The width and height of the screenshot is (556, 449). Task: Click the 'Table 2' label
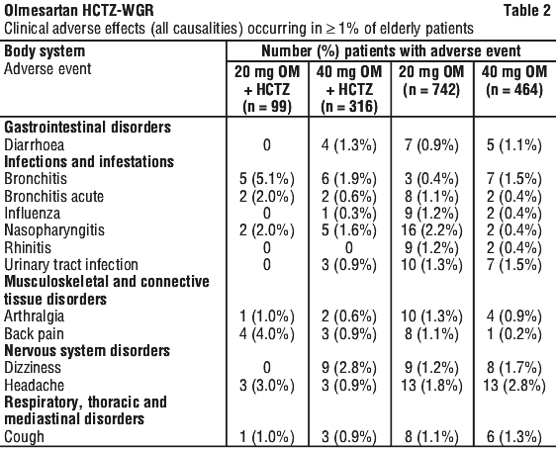click(527, 10)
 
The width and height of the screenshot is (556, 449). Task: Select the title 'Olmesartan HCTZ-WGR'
click(79, 10)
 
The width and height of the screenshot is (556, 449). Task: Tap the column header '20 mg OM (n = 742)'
click(431, 81)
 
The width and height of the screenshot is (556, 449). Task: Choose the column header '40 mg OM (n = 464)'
click(514, 81)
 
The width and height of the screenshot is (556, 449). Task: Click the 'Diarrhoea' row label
click(34, 145)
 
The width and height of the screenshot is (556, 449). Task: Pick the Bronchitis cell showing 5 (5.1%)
click(267, 179)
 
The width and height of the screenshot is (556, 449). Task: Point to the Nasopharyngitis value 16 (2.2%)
click(431, 230)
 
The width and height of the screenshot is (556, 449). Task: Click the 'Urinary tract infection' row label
click(71, 265)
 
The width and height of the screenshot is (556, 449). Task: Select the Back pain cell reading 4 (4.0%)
click(267, 334)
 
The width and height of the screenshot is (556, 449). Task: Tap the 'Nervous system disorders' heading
click(87, 351)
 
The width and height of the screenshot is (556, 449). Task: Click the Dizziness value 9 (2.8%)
click(349, 368)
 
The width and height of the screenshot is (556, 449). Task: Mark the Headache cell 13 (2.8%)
click(514, 386)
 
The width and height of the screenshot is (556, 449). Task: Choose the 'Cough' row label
click(24, 436)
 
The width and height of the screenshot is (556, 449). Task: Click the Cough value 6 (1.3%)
click(514, 436)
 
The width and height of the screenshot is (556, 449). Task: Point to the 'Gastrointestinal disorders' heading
click(88, 128)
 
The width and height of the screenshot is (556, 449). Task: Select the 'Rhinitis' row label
click(28, 247)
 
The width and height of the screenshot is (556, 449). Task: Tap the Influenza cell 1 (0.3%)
click(349, 214)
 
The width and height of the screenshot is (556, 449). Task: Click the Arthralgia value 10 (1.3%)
click(431, 316)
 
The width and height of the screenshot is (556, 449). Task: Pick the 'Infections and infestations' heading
click(89, 162)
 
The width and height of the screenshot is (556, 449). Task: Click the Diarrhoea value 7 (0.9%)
click(431, 145)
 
